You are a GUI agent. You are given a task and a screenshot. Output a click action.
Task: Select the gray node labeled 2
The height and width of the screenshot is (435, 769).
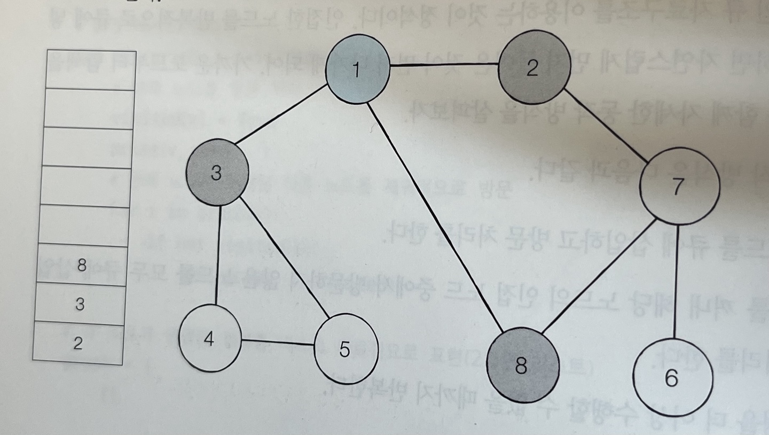point(531,69)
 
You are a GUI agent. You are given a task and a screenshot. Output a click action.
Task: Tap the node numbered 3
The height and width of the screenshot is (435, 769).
point(217,174)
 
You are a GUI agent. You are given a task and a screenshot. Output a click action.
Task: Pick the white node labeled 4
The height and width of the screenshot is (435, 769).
point(210,339)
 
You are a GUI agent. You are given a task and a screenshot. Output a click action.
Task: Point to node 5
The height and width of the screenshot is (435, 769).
point(346,349)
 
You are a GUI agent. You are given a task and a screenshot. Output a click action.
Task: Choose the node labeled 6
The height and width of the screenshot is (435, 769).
point(672,377)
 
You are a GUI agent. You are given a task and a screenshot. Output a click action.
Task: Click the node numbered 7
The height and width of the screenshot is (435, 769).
point(679,187)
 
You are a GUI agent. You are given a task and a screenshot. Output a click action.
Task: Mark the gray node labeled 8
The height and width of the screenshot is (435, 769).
point(522,366)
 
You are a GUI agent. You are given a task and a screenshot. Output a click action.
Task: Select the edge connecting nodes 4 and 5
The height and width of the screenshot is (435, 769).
point(278,341)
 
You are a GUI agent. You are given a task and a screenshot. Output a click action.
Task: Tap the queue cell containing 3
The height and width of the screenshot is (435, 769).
point(80,304)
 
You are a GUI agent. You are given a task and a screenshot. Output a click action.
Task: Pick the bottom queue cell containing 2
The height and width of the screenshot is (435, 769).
point(78,344)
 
